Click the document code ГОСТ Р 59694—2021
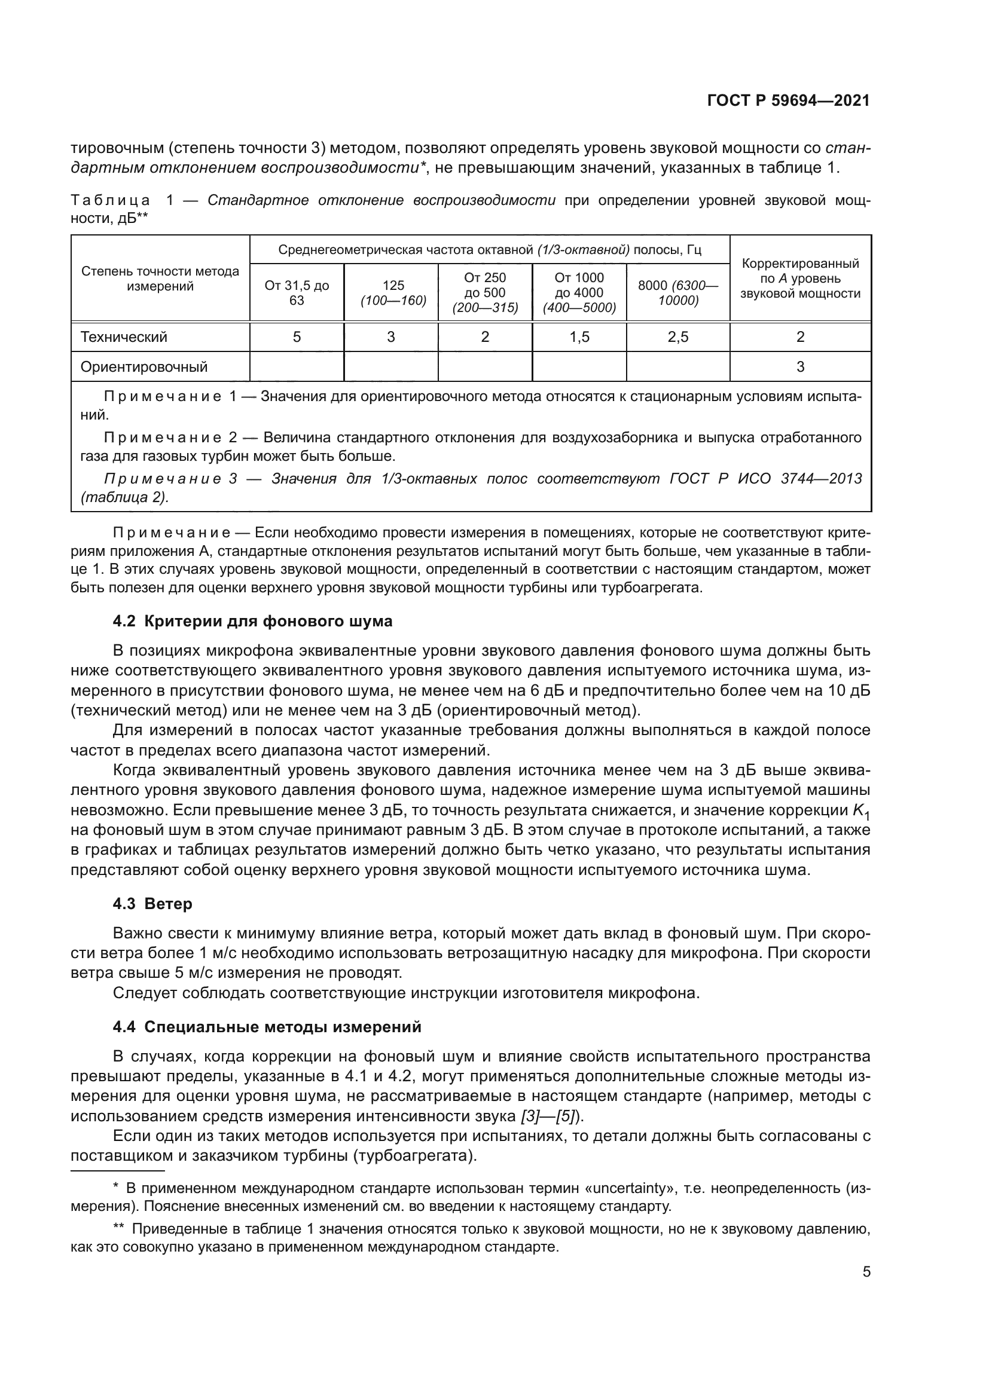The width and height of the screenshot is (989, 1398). point(788,101)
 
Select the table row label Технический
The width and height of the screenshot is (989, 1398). point(124,337)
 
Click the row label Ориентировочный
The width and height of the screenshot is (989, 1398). point(144,366)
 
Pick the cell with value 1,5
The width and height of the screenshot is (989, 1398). point(579,337)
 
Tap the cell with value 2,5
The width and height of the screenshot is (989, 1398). point(678,337)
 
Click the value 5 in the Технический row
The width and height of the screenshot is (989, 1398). point(297,337)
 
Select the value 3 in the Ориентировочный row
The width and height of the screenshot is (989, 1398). point(800,366)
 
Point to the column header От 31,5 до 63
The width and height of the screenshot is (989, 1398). point(297,293)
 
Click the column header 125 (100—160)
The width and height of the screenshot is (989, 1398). point(391,293)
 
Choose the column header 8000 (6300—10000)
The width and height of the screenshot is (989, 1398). point(678,293)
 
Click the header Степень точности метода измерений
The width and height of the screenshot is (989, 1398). point(160,279)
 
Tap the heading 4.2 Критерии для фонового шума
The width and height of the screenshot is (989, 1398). point(252,621)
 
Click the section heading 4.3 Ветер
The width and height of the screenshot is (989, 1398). point(152,904)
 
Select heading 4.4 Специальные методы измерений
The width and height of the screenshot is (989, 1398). point(267,1027)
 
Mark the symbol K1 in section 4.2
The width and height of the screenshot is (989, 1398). point(860,812)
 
